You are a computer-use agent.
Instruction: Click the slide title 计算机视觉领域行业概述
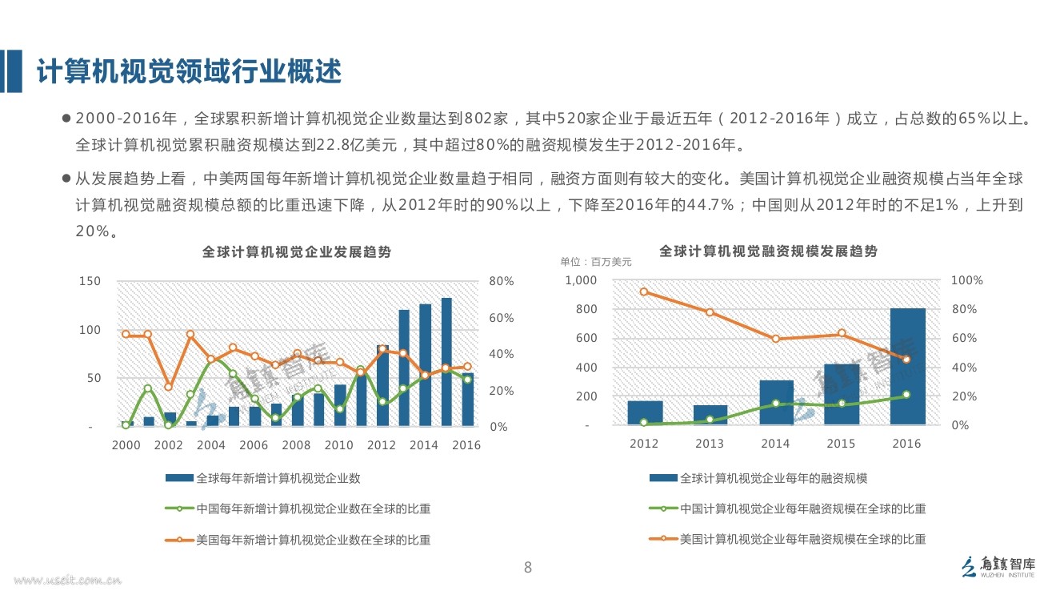pyautogui.click(x=190, y=72)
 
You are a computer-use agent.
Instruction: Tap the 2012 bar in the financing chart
pyautogui.click(x=644, y=412)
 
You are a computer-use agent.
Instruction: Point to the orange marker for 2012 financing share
pyautogui.click(x=644, y=291)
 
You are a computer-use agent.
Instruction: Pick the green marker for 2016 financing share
pyautogui.click(x=906, y=394)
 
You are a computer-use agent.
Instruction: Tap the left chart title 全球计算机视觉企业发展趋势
pyautogui.click(x=296, y=251)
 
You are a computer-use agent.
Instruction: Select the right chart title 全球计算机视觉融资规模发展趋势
pyautogui.click(x=768, y=251)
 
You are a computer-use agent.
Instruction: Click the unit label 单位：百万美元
pyautogui.click(x=595, y=262)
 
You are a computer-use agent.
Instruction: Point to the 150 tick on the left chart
pyautogui.click(x=90, y=281)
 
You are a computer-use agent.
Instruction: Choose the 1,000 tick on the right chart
pyautogui.click(x=581, y=280)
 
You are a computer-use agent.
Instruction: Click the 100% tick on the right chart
pyautogui.click(x=967, y=280)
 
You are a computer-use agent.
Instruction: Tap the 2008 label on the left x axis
pyautogui.click(x=296, y=445)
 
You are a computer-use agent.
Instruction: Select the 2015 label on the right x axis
pyautogui.click(x=841, y=444)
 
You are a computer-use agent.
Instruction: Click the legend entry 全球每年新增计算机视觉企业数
pyautogui.click(x=278, y=478)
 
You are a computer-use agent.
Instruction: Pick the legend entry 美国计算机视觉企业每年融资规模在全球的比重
pyautogui.click(x=802, y=539)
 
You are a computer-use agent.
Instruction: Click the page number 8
pyautogui.click(x=527, y=568)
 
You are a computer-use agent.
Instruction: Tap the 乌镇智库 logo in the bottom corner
pyautogui.click(x=998, y=565)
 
